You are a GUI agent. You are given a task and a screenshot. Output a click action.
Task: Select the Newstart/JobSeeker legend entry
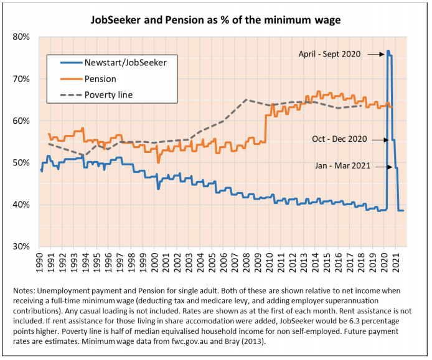coord(116,62)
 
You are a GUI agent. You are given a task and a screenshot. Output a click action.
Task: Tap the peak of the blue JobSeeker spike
coord(388,51)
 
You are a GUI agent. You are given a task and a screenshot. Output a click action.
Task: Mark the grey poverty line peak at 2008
coord(247,99)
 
